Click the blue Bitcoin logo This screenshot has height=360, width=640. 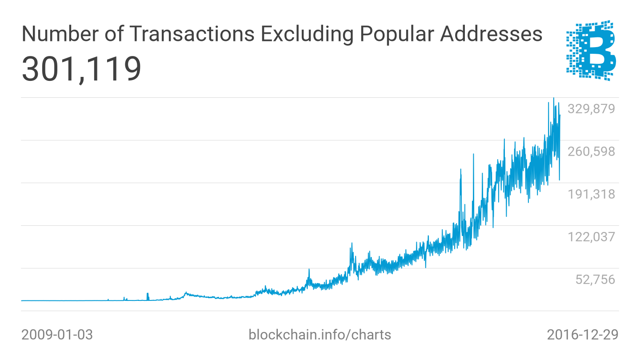(x=591, y=50)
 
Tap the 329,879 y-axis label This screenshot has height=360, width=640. (x=591, y=109)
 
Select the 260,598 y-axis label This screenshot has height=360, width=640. (x=591, y=152)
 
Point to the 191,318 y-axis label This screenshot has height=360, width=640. (x=591, y=194)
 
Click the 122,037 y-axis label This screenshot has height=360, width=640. (x=591, y=237)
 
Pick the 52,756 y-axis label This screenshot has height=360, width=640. (x=595, y=280)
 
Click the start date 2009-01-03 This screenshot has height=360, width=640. (x=57, y=335)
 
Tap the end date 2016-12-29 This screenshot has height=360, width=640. (x=582, y=335)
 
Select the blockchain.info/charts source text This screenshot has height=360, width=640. (x=320, y=335)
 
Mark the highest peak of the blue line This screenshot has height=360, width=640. (x=553, y=98)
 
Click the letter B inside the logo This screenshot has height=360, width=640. (x=598, y=52)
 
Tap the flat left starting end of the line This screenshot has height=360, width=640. (x=22, y=300)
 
